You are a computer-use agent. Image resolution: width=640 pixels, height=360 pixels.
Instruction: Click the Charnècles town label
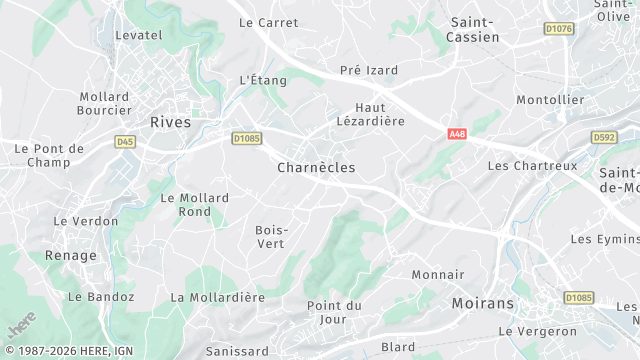pyautogui.click(x=316, y=168)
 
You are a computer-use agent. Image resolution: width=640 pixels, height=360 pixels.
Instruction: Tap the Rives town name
pyautogui.click(x=170, y=122)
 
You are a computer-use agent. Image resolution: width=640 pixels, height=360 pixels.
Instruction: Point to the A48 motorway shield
pyautogui.click(x=457, y=133)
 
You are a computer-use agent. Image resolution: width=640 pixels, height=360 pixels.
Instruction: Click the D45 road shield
pyautogui.click(x=125, y=142)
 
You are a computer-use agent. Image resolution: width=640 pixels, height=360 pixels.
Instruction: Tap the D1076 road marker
pyautogui.click(x=559, y=29)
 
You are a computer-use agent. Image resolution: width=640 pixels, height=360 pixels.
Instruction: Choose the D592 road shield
pyautogui.click(x=604, y=137)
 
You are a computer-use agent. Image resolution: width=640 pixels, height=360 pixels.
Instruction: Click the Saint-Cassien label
pyautogui.click(x=475, y=29)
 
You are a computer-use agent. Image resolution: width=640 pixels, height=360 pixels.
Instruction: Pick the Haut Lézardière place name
pyautogui.click(x=379, y=114)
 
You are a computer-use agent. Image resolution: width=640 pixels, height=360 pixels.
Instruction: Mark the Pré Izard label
pyautogui.click(x=369, y=70)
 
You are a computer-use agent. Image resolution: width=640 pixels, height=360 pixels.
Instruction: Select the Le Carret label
pyautogui.click(x=269, y=22)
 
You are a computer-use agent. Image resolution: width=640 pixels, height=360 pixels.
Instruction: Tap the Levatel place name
pyautogui.click(x=139, y=35)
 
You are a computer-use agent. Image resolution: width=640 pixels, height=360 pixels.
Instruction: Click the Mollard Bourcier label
pyautogui.click(x=104, y=103)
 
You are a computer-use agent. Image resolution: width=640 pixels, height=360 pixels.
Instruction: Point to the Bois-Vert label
pyautogui.click(x=272, y=236)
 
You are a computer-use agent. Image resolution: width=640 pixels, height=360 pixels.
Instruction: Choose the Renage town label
pyautogui.click(x=71, y=256)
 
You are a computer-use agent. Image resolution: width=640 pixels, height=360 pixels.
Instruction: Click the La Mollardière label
pyautogui.click(x=217, y=297)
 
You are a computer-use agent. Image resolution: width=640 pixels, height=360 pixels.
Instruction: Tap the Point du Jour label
pyautogui.click(x=334, y=312)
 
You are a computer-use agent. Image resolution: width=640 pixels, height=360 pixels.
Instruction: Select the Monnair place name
pyautogui.click(x=438, y=274)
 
